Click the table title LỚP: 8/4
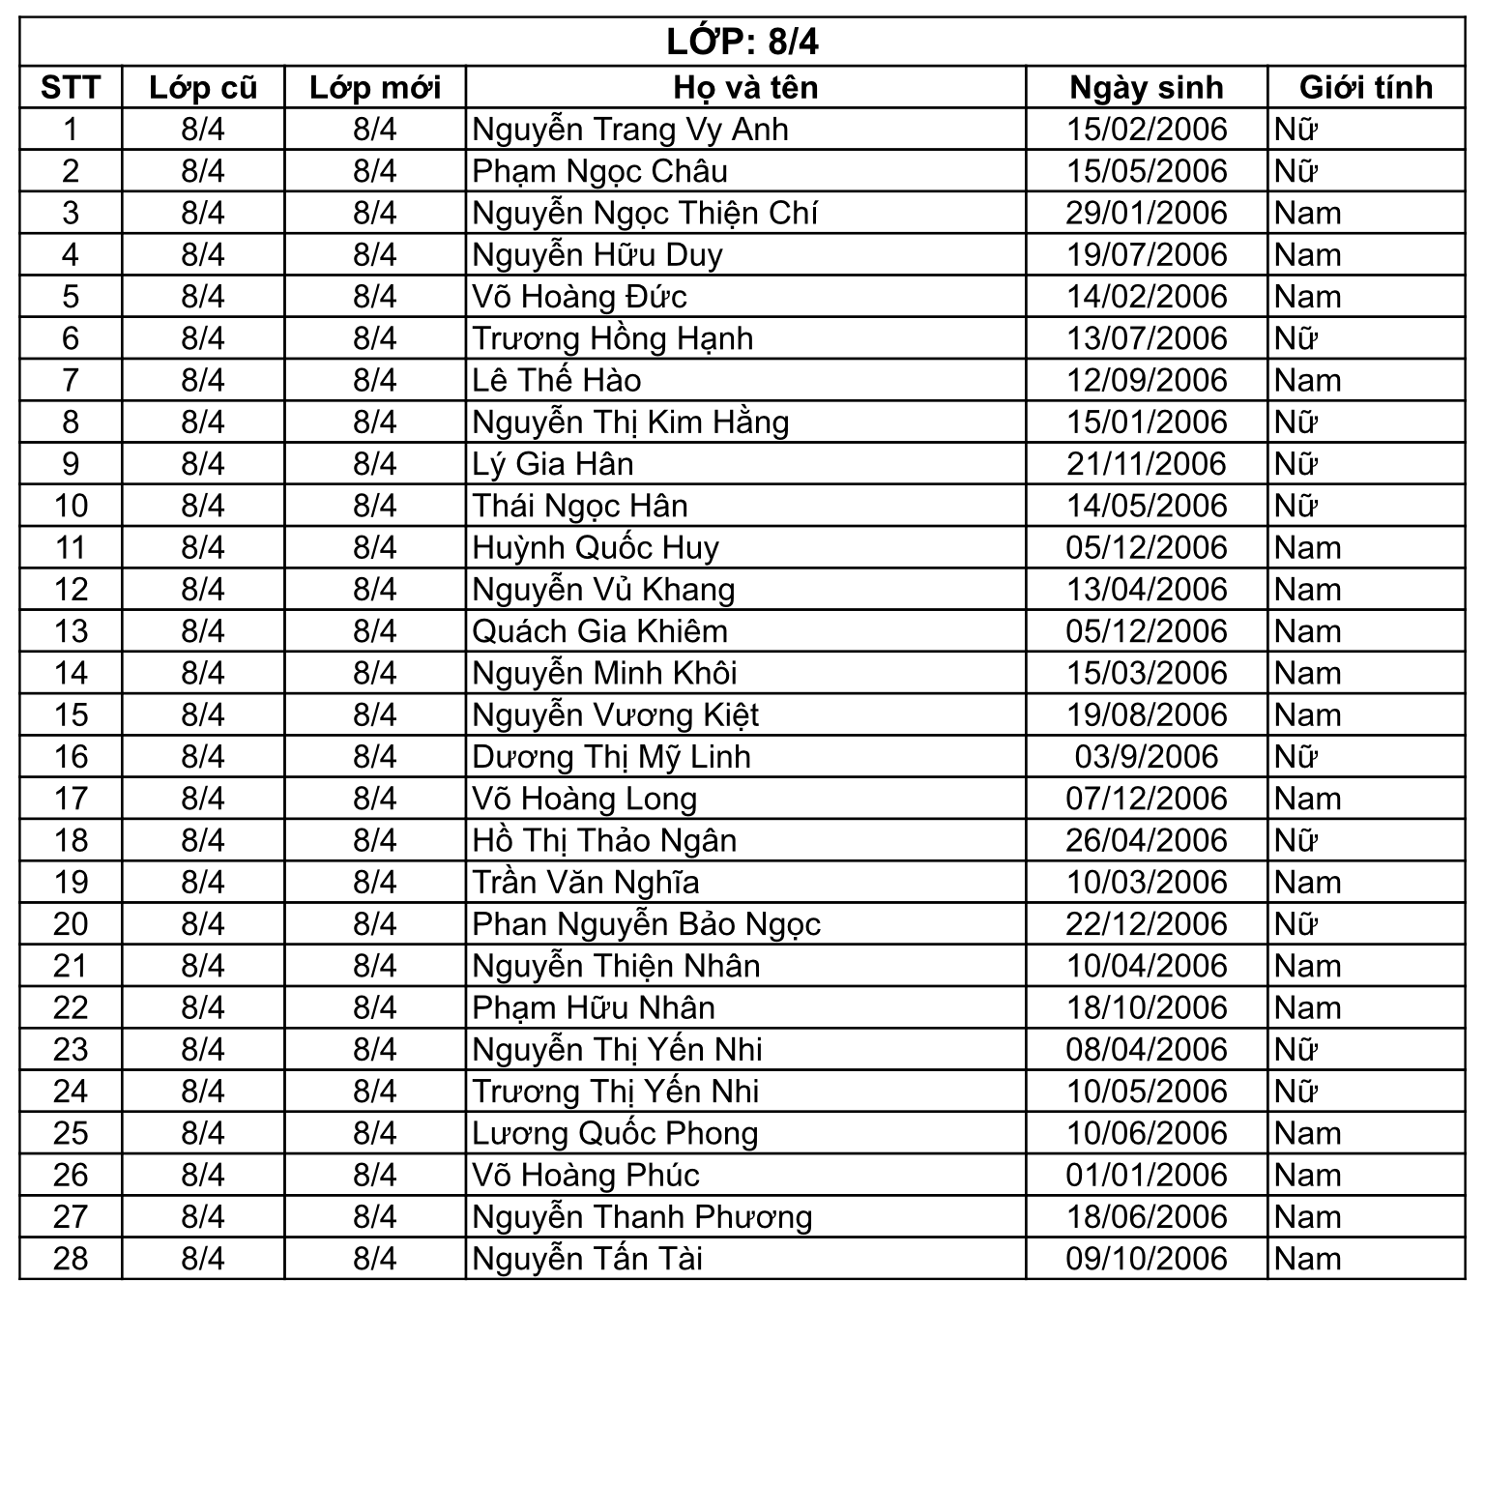tap(742, 42)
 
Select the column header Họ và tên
tap(745, 87)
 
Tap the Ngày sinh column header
tap(1146, 87)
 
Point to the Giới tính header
tap(1365, 87)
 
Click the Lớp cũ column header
tap(203, 87)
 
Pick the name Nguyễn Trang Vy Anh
tap(630, 130)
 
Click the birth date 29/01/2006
tap(1147, 213)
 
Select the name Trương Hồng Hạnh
tap(613, 338)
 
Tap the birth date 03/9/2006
tap(1147, 757)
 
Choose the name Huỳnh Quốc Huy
tap(596, 548)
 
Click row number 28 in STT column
tap(71, 1259)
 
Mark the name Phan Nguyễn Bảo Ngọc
tap(646, 924)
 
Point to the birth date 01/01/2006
tap(1147, 1176)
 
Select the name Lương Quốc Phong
tap(615, 1133)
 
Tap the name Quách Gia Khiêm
tap(599, 631)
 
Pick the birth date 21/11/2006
tap(1147, 464)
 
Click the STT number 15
tap(71, 715)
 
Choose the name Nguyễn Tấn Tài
tap(587, 1259)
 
